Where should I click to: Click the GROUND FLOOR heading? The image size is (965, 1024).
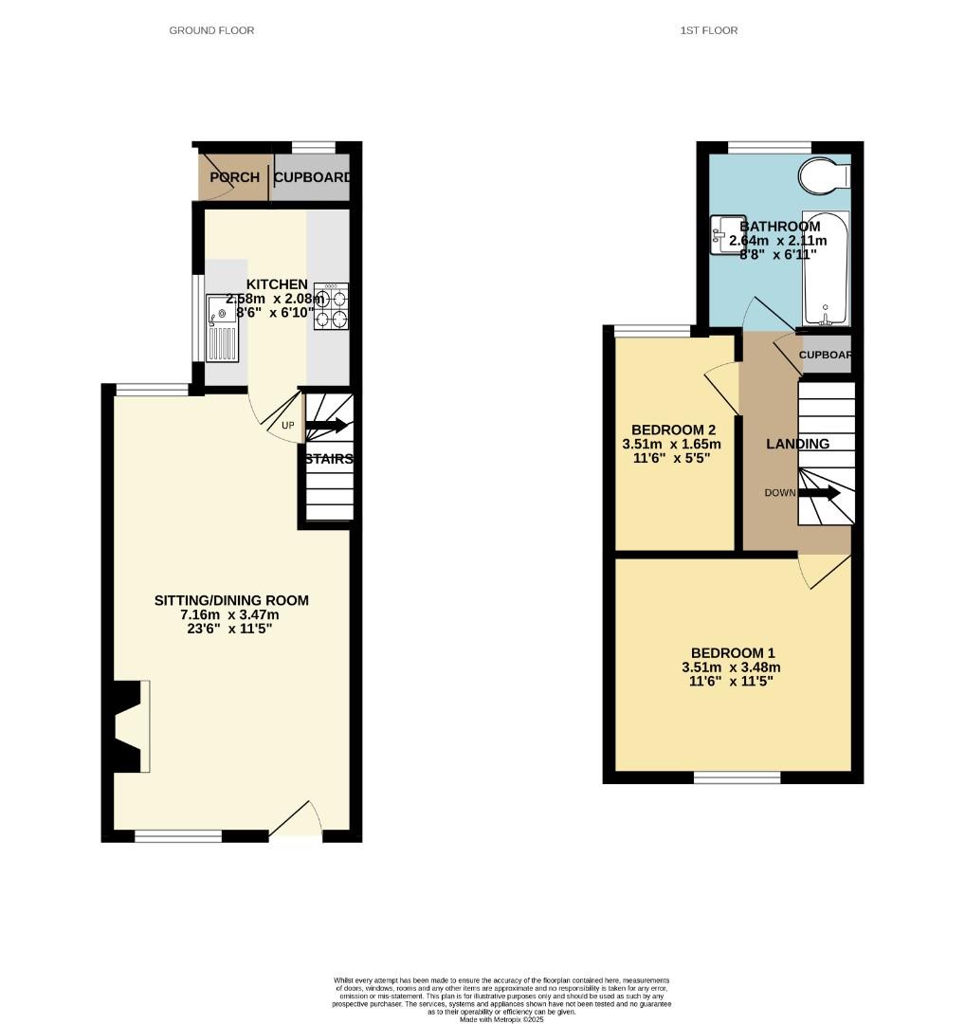(211, 30)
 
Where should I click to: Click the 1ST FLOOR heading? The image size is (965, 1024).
(709, 30)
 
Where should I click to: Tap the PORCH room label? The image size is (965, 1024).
(234, 177)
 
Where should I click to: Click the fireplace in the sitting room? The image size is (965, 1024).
(131, 726)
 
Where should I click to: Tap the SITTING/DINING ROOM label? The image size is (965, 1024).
(231, 600)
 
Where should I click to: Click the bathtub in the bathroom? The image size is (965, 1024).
(826, 269)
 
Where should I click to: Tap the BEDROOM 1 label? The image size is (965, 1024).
(733, 652)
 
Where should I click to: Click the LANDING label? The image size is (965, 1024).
(797, 444)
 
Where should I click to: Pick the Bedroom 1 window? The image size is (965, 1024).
(737, 777)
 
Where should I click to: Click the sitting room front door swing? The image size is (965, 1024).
(298, 820)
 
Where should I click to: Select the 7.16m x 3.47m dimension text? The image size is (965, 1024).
(231, 615)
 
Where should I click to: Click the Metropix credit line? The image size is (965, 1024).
(501, 1019)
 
